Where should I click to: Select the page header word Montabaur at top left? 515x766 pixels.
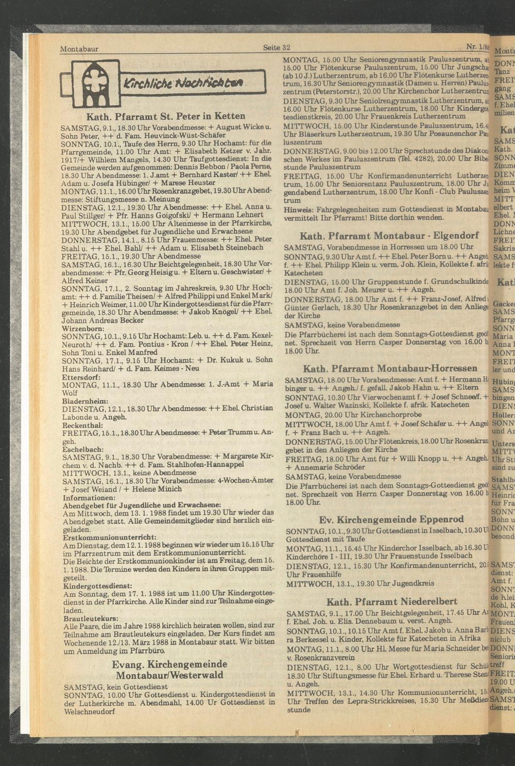[x=79, y=49]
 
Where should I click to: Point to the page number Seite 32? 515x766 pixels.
[x=277, y=48]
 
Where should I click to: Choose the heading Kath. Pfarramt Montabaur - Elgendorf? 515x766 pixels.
[x=389, y=236]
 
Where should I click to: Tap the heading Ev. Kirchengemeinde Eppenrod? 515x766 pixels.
[x=391, y=519]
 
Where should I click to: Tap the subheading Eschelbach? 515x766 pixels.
[x=83, y=449]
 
